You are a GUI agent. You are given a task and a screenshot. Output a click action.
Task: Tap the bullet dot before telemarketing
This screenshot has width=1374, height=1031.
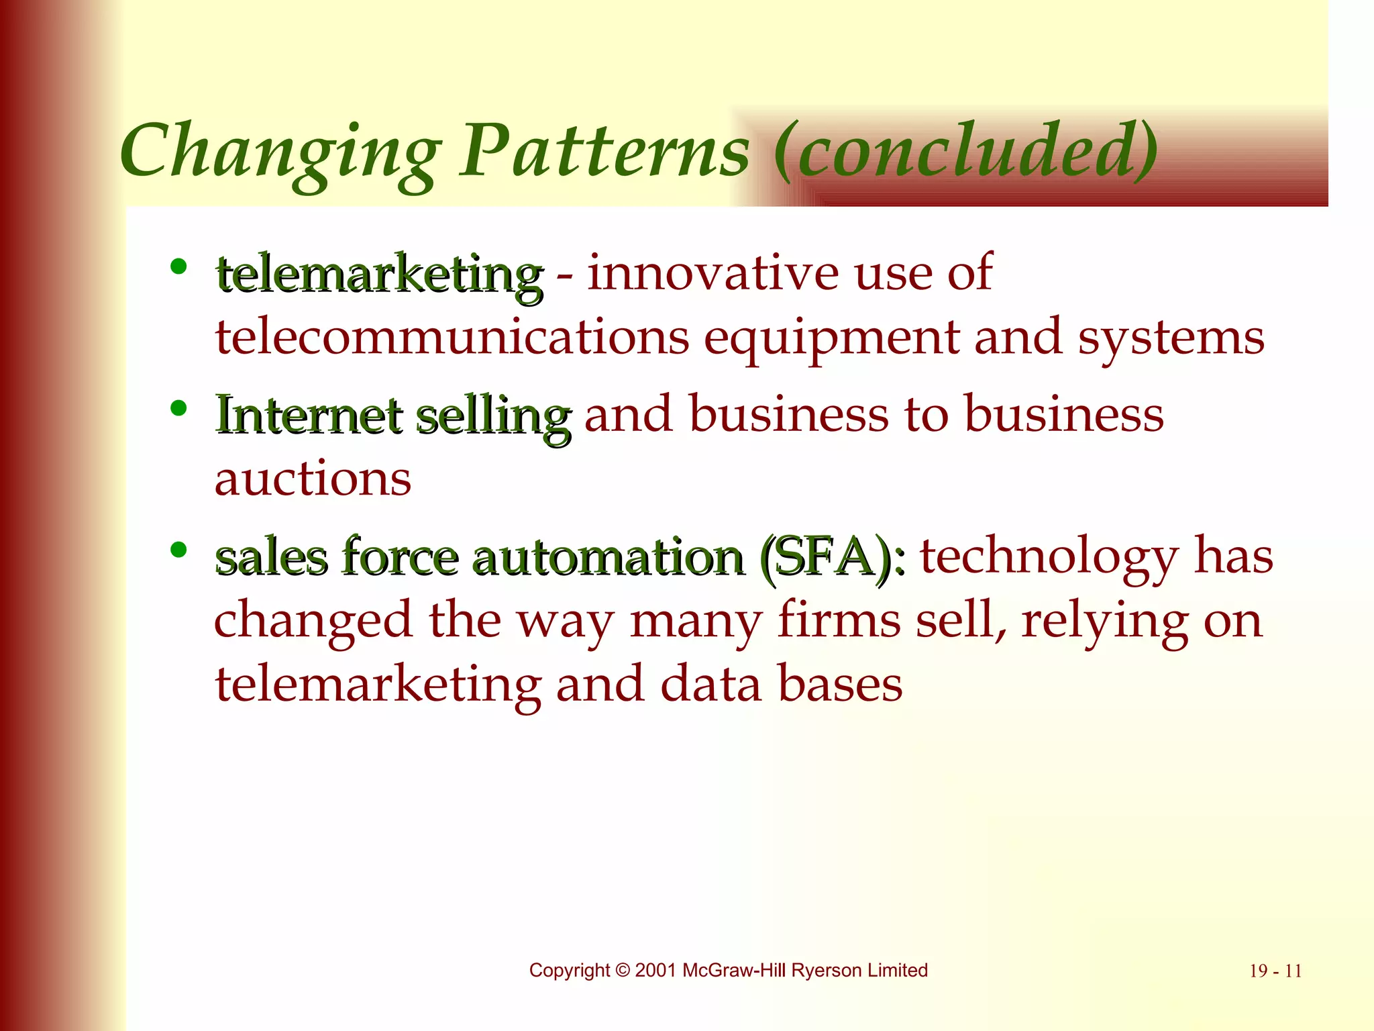(x=178, y=267)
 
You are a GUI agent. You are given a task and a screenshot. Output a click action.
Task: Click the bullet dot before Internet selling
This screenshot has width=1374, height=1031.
(x=178, y=408)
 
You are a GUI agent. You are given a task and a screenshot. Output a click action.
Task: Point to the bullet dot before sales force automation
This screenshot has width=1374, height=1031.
(x=178, y=550)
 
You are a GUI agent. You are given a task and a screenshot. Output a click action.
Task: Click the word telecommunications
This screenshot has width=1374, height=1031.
(x=452, y=337)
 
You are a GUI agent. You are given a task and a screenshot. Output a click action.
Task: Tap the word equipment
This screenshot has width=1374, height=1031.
(x=831, y=338)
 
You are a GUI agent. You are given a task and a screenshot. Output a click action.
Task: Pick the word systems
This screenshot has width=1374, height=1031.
(x=1171, y=338)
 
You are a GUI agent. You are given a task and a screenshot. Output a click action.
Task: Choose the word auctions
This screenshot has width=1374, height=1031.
(x=313, y=479)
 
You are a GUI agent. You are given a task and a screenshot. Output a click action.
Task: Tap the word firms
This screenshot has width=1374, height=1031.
(x=839, y=620)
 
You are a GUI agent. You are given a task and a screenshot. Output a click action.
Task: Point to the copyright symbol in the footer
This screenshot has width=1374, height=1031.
(x=623, y=971)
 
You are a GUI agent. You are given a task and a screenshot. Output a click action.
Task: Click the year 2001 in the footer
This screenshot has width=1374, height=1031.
(x=655, y=971)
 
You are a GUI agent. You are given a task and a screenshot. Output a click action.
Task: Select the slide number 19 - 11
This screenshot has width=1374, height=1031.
(x=1275, y=971)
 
